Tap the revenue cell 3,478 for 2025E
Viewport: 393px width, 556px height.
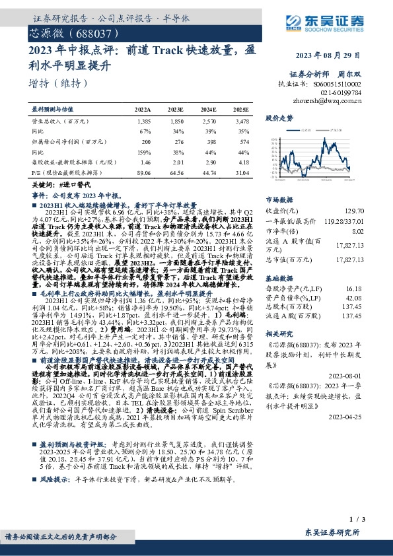tap(242, 122)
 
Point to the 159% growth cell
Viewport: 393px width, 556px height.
tap(146, 151)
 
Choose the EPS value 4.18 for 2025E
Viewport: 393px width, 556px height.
tap(243, 161)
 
